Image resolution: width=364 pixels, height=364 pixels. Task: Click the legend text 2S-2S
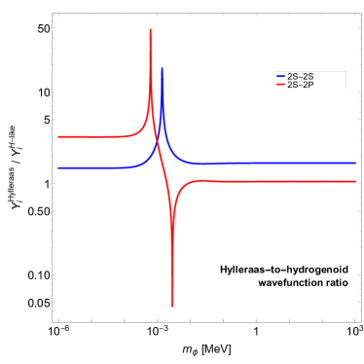(300, 76)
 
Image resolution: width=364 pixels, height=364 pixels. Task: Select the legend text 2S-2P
(300, 85)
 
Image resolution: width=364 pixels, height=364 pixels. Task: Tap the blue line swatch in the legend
(280, 76)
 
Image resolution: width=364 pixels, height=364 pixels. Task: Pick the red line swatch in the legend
(280, 85)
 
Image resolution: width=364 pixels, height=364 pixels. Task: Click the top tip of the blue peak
(162, 68)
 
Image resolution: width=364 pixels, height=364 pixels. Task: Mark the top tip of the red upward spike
(150, 29)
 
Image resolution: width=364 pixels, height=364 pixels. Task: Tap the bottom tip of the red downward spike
(172, 307)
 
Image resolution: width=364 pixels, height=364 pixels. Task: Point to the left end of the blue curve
(58, 167)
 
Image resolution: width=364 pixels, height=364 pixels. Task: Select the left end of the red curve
(58, 136)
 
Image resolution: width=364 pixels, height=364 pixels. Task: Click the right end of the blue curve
(354, 163)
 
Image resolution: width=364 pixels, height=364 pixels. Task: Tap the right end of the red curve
(354, 181)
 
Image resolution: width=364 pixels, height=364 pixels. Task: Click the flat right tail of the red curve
(292, 181)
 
